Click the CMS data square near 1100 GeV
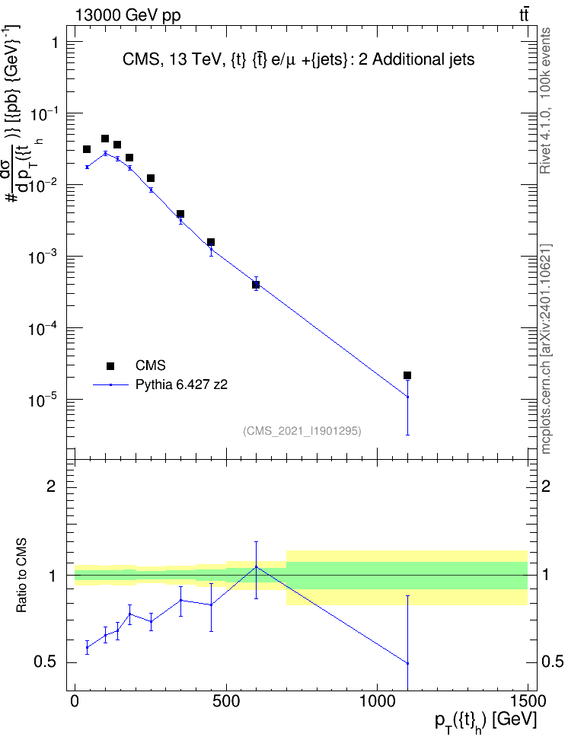pos(407,375)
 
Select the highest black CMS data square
pos(105,139)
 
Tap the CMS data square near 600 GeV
pos(256,285)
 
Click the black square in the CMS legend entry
pos(110,365)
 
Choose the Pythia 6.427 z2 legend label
pos(181,384)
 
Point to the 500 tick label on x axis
pos(227,701)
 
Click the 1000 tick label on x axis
pos(377,701)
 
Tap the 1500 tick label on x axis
pos(528,701)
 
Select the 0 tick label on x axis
pos(75,701)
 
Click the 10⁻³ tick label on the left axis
pos(43,257)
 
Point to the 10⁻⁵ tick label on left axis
pos(43,400)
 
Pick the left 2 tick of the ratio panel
pos(51,486)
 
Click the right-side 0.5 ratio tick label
pos(553,662)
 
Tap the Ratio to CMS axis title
pos(21,576)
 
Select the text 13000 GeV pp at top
pos(128,15)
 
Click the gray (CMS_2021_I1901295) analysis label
pos(302,431)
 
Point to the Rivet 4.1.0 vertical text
pos(545,100)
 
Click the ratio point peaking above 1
pos(256,566)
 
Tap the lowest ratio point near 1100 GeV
pos(407,663)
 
